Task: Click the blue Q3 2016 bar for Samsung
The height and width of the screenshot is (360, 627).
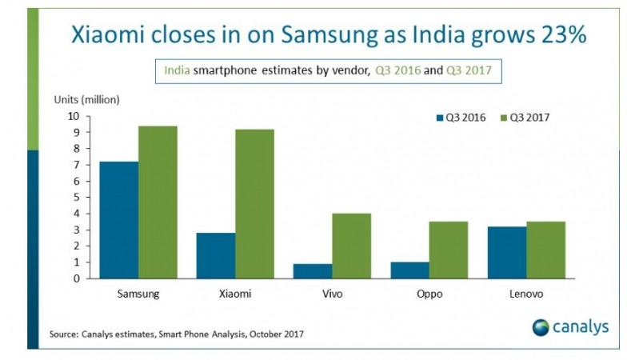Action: tap(118, 220)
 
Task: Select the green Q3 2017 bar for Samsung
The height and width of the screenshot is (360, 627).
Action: tap(158, 202)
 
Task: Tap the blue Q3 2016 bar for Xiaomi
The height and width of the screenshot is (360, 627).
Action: tap(216, 256)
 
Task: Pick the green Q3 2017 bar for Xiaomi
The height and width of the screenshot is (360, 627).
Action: tap(254, 204)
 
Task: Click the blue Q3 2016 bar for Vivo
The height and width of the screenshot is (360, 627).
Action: tap(313, 271)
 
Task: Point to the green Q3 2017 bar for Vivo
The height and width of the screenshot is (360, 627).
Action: tap(352, 246)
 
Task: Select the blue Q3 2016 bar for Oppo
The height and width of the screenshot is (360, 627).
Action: tap(409, 270)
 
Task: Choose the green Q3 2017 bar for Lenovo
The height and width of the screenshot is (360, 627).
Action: tap(545, 250)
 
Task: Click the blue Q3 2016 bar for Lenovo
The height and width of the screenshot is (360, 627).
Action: tap(506, 253)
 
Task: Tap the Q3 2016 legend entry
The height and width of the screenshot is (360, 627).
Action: tap(461, 117)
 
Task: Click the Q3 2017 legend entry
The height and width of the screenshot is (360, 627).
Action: tap(525, 117)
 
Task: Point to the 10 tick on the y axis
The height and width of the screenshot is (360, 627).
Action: tap(73, 116)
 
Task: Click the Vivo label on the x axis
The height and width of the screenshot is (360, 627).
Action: tap(332, 294)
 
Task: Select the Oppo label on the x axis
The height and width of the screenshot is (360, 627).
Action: tap(429, 294)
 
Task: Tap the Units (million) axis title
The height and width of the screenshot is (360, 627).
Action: tap(86, 100)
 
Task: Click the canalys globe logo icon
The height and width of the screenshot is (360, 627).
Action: tap(541, 327)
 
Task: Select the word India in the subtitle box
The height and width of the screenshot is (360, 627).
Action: tap(177, 71)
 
